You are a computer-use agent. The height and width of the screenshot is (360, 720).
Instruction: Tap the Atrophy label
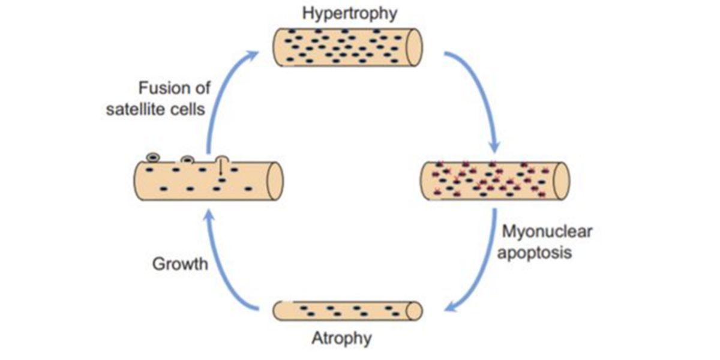tap(341, 338)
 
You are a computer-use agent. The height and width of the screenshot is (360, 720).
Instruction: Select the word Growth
tap(180, 263)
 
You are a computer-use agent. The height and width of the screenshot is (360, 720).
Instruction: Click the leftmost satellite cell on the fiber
tap(154, 158)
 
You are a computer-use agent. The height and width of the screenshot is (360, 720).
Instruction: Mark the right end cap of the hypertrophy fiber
tap(414, 46)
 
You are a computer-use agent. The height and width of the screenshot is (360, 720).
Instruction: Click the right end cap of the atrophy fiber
tap(415, 310)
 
